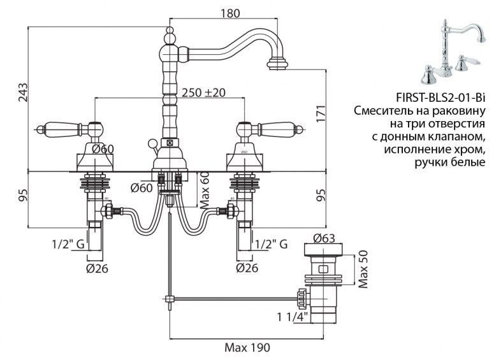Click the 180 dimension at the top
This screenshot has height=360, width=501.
pos(229,13)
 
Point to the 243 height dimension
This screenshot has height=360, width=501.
pos(23,92)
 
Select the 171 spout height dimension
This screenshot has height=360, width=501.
pos(321,113)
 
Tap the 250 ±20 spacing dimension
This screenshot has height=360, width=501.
pos(203,92)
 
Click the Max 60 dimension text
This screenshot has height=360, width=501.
pos(204,191)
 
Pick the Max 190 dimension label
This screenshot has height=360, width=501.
pos(247,347)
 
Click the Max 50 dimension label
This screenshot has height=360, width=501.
pos(363,270)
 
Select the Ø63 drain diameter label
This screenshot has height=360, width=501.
pos(324,238)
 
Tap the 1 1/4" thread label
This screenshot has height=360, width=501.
pos(293,317)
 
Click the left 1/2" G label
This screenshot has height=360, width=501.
pos(68,245)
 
